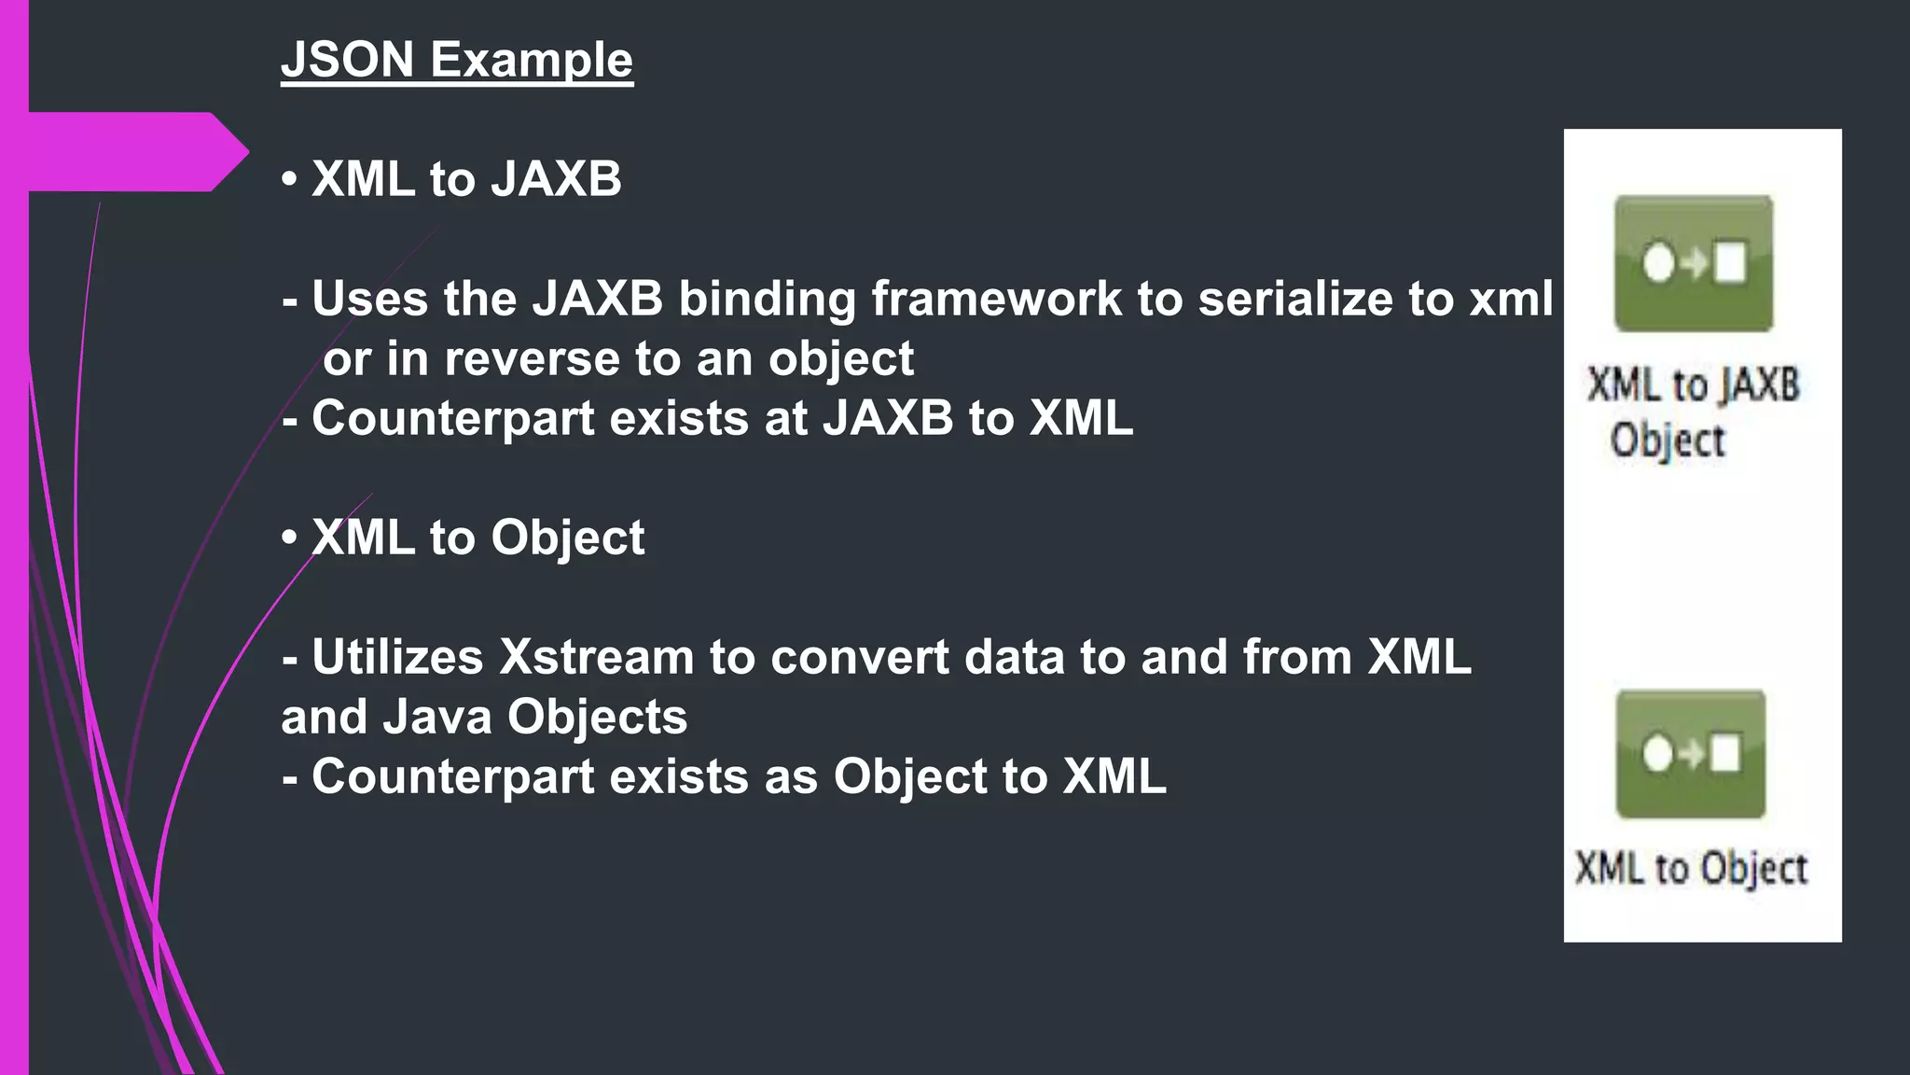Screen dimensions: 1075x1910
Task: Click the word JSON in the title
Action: pyautogui.click(x=347, y=61)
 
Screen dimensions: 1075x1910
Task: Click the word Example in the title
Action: pyautogui.click(x=531, y=61)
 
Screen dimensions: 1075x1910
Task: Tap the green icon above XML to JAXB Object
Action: pyautogui.click(x=1694, y=263)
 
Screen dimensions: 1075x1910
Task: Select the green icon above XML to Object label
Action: pyautogui.click(x=1691, y=754)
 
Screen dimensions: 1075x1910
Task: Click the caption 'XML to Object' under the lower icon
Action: pyautogui.click(x=1691, y=869)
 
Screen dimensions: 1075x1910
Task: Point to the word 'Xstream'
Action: pyautogui.click(x=597, y=657)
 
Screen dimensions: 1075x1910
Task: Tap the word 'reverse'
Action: pyautogui.click(x=531, y=359)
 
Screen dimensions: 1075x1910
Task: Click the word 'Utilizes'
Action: pyautogui.click(x=397, y=657)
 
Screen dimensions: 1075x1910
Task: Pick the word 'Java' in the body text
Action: pyautogui.click(x=437, y=717)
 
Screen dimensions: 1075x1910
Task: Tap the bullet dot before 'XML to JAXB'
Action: pyautogui.click(x=290, y=178)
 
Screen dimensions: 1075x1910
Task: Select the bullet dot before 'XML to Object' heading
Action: pyautogui.click(x=290, y=537)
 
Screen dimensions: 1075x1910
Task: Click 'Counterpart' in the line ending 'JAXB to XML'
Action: pyautogui.click(x=452, y=419)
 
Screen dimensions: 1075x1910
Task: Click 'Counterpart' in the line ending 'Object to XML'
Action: pyautogui.click(x=452, y=776)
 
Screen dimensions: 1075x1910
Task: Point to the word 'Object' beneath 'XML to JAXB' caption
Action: pyautogui.click(x=1668, y=440)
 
